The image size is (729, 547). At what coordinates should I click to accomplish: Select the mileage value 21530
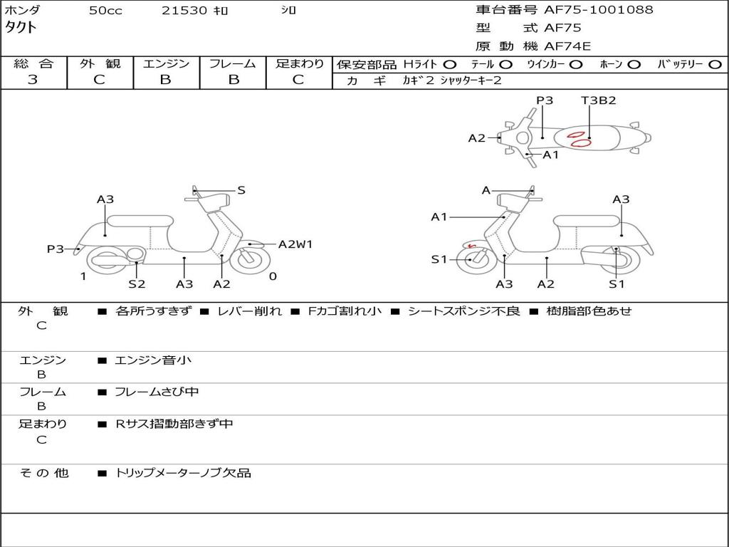184,11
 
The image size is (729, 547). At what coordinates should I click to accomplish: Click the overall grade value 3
33,79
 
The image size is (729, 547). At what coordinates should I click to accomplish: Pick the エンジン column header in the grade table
166,63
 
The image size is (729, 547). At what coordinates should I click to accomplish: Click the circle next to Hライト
450,64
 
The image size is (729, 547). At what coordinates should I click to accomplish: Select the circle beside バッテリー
714,64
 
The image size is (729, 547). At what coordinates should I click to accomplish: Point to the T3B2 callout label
598,100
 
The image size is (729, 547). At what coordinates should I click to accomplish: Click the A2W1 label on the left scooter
295,244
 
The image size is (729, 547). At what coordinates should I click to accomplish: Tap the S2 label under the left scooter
137,284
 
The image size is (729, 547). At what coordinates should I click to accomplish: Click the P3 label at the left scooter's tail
55,249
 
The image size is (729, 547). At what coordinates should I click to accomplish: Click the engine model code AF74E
567,46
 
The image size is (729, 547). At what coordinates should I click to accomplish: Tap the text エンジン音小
153,360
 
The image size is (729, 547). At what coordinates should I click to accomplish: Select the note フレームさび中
157,392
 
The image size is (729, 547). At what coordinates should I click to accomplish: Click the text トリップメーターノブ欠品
183,473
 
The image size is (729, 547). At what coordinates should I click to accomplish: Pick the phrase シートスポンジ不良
463,311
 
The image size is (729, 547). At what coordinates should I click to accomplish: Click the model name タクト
21,28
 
